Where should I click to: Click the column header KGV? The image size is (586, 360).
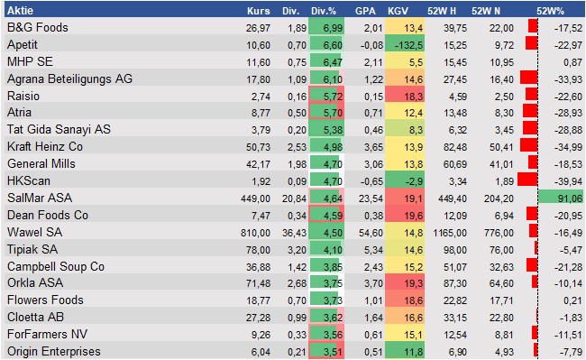[397, 11]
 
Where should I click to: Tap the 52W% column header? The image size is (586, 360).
[551, 11]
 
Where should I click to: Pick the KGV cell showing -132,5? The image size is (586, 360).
[399, 44]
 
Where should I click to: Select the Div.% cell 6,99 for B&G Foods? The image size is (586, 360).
[325, 28]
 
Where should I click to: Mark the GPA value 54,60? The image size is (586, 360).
[362, 232]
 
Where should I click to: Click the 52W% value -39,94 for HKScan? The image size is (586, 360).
[568, 180]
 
